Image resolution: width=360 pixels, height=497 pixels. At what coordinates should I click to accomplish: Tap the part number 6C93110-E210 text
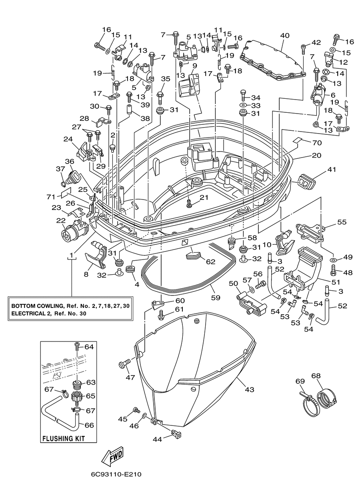pos(116,479)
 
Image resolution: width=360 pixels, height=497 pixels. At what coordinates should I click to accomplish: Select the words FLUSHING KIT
pos(64,439)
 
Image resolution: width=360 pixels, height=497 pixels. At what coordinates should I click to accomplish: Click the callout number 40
pos(285,36)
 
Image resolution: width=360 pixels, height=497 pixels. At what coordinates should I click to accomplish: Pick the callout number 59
pos(215,297)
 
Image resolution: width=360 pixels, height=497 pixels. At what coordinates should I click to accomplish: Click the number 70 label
pos(317,143)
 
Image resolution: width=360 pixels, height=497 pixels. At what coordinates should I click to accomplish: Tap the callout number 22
pos(61,220)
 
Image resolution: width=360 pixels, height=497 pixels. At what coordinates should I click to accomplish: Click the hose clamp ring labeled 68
pos(326,399)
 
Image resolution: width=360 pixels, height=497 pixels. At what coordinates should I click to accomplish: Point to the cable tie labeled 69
pos(309,403)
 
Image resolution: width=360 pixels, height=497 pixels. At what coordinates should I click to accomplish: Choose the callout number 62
pos(211,262)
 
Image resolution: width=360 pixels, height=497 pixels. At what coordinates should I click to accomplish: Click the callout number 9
pos(195,66)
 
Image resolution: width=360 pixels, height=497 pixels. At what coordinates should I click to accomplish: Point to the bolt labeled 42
pos(304,50)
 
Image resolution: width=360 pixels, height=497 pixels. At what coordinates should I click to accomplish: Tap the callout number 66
pos(89,425)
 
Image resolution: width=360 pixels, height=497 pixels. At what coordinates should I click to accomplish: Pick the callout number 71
pos(51,197)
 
